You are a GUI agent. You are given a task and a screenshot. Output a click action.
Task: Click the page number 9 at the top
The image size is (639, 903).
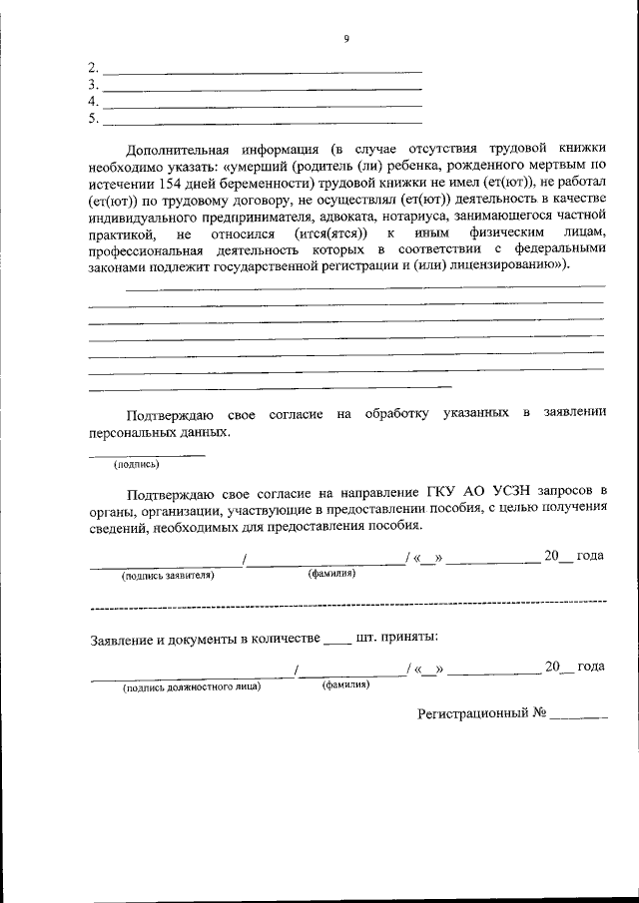[x=346, y=39]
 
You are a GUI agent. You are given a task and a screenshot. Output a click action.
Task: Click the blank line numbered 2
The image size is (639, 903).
[x=263, y=71]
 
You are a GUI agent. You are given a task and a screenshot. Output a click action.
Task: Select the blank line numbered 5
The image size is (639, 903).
[x=263, y=122]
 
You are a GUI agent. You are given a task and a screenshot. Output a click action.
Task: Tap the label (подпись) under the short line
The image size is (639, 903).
[x=137, y=463]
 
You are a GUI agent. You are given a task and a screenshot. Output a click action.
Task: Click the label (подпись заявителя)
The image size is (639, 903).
[x=168, y=576]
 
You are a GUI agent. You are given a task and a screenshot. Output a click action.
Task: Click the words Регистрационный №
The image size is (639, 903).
[x=481, y=713]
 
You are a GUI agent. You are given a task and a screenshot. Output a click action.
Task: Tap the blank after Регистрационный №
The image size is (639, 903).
[x=578, y=716]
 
